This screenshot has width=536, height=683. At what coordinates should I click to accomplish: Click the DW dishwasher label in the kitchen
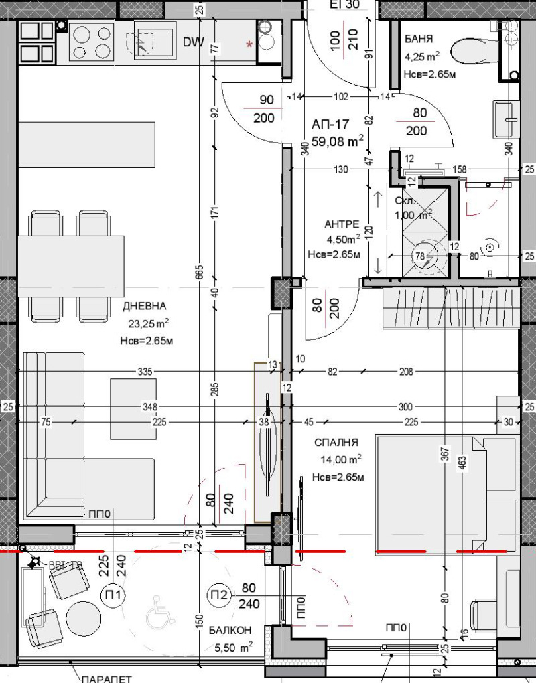[x=194, y=42]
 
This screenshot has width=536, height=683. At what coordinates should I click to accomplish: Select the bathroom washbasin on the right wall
[x=506, y=119]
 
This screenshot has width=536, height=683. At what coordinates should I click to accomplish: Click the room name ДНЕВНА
[x=145, y=307]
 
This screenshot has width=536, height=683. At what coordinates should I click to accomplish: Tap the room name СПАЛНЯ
[x=336, y=443]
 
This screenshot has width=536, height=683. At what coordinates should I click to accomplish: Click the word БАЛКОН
[x=230, y=630]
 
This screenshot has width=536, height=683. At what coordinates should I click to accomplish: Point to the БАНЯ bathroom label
[x=419, y=39]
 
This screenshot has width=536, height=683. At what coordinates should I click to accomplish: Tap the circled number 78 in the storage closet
[x=420, y=256]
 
